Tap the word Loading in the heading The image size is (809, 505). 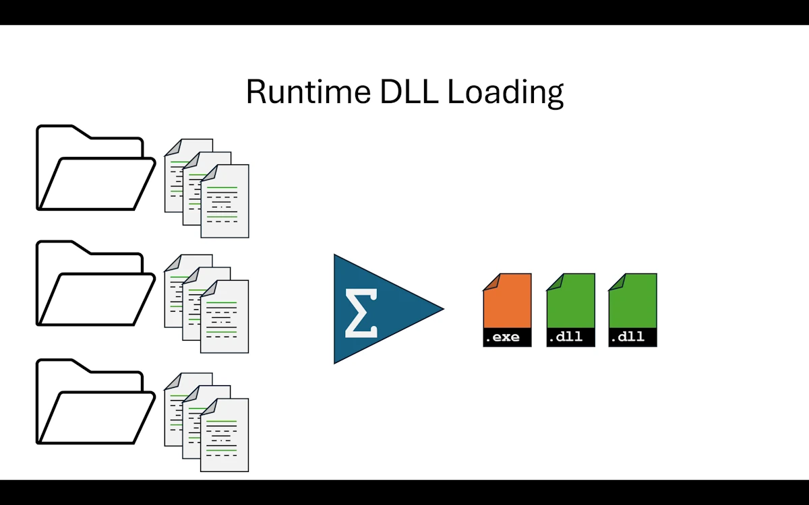pyautogui.click(x=506, y=92)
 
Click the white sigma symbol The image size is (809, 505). pyautogui.click(x=361, y=312)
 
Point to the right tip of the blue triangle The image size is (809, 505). pyautogui.click(x=442, y=310)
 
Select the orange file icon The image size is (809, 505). pyautogui.click(x=507, y=303)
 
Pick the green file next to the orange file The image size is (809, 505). pyautogui.click(x=570, y=303)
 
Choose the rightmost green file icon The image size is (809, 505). pyautogui.click(x=632, y=303)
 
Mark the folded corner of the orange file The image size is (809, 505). pyautogui.click(x=490, y=281)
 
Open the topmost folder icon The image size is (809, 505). pyautogui.click(x=94, y=175)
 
